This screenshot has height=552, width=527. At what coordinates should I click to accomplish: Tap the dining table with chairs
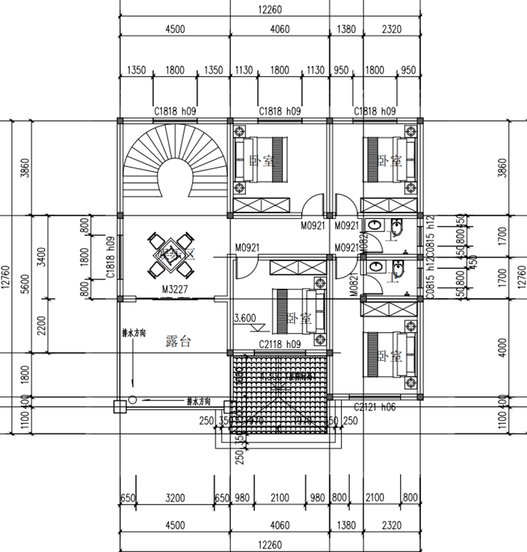click(x=173, y=254)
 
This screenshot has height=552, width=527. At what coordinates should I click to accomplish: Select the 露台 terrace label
click(x=178, y=342)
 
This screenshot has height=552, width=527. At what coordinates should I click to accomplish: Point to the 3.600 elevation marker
click(x=245, y=317)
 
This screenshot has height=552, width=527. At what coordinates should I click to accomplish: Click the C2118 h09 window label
click(x=280, y=344)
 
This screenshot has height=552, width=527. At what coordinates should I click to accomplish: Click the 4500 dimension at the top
click(x=175, y=29)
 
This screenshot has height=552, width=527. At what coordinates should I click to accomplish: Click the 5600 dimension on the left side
click(x=26, y=287)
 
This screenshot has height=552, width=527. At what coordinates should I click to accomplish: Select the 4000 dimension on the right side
click(x=505, y=346)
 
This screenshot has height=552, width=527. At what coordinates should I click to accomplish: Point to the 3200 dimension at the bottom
click(x=175, y=498)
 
